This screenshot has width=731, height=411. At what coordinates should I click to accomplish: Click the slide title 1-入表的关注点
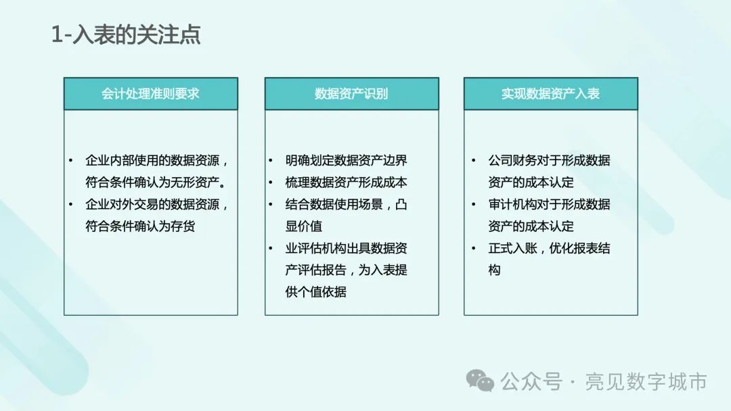coord(126,34)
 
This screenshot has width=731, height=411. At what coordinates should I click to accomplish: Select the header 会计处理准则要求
coord(150,93)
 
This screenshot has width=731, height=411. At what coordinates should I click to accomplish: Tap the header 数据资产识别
coord(351,93)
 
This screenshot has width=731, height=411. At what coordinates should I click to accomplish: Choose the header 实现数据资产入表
coord(550,93)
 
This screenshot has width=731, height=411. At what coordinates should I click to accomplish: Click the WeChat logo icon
coord(480,381)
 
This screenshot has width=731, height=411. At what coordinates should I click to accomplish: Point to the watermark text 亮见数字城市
coord(646,382)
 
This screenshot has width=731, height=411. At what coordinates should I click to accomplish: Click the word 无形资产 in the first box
coord(195,182)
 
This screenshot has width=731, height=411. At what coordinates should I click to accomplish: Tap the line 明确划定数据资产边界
coord(347,160)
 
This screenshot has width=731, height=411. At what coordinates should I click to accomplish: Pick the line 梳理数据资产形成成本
coord(347,182)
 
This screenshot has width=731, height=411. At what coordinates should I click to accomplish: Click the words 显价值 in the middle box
coord(304,226)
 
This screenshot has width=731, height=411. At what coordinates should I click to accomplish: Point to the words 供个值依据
coord(316,292)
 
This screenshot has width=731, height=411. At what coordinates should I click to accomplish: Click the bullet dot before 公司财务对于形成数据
coord(474,161)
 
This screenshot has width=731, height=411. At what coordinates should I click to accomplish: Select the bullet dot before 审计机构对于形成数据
coord(474,204)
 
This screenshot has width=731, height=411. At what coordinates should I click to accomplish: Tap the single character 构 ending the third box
coord(495,270)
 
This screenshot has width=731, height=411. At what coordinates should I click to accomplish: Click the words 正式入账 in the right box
coord(513,248)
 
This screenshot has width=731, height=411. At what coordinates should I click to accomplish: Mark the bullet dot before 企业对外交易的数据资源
coord(71,204)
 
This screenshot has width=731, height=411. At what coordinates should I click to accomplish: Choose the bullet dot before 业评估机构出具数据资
coord(271,248)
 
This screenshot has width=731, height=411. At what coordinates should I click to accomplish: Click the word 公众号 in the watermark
coord(531,382)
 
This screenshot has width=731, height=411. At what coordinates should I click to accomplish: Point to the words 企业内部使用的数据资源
coord(152,160)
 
